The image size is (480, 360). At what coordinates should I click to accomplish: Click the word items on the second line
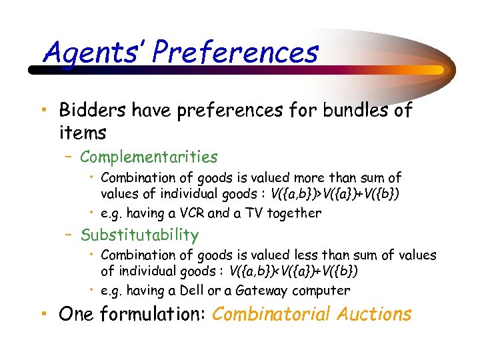pos(82,133)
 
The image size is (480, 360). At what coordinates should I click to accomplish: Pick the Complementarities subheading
pos(149,157)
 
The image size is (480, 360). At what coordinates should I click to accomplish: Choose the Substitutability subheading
pos(139,235)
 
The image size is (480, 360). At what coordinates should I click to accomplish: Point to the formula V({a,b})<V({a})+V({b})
pos(294,271)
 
